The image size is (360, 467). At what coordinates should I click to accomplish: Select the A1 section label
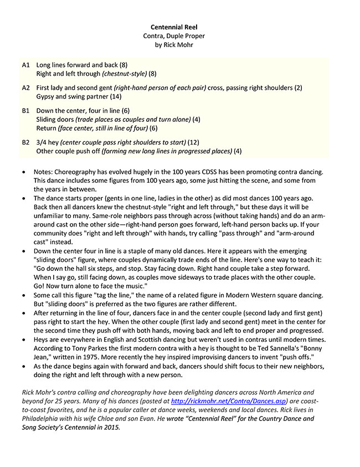coord(26,65)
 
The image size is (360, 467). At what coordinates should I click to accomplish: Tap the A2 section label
coord(26,88)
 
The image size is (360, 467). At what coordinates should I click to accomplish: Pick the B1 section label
coord(26,111)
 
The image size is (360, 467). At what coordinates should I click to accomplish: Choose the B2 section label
coord(26,142)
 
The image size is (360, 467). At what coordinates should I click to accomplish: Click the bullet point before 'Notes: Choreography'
coord(22,173)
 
